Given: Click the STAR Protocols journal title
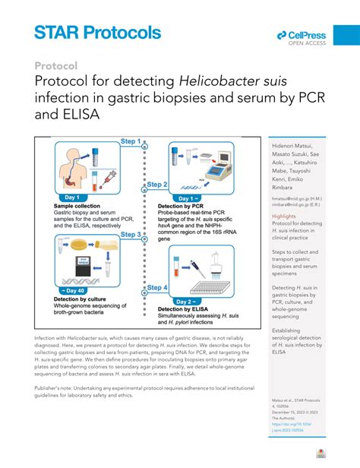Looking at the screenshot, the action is pyautogui.click(x=97, y=32).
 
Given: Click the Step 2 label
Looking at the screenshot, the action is pyautogui.click(x=156, y=184).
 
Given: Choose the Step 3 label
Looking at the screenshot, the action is pyautogui.click(x=129, y=235).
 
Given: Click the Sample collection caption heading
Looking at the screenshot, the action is pyautogui.click(x=80, y=206).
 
